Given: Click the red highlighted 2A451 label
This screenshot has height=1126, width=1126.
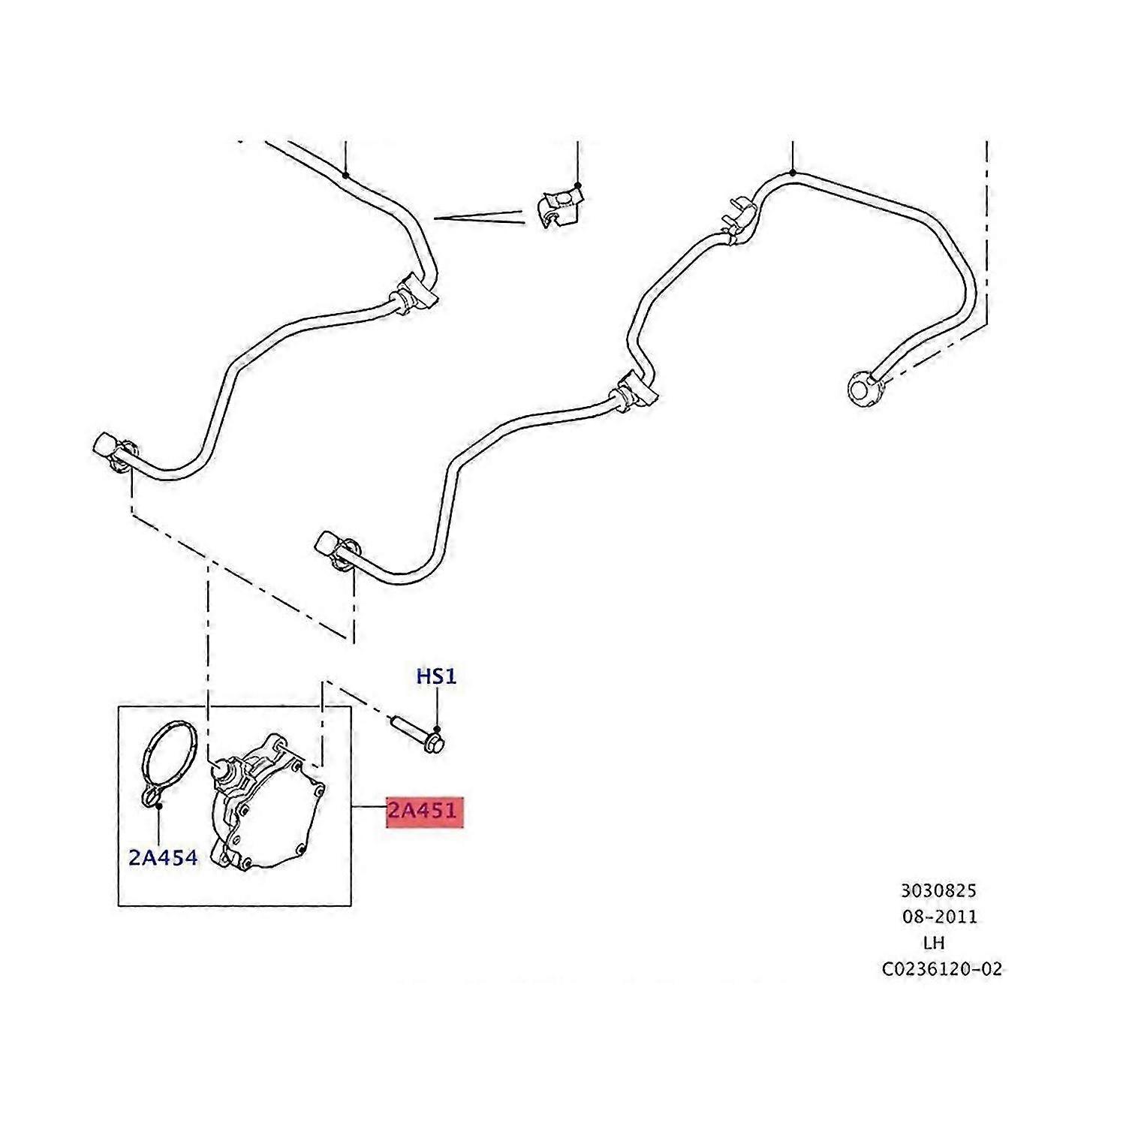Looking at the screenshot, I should pyautogui.click(x=424, y=811).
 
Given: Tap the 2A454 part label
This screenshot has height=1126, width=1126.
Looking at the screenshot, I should pyautogui.click(x=163, y=857).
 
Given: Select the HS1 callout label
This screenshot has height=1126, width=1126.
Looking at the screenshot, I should pyautogui.click(x=436, y=676).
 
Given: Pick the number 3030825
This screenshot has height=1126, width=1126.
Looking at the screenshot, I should pyautogui.click(x=939, y=891).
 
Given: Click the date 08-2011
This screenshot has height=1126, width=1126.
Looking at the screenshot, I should pyautogui.click(x=940, y=917).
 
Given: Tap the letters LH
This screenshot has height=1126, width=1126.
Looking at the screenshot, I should pyautogui.click(x=935, y=942).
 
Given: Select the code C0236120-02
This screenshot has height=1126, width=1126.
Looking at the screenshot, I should pyautogui.click(x=942, y=969).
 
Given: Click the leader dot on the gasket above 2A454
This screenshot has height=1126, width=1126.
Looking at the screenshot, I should pyautogui.click(x=159, y=805).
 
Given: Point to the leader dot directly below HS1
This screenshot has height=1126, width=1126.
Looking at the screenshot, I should pyautogui.click(x=438, y=730).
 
